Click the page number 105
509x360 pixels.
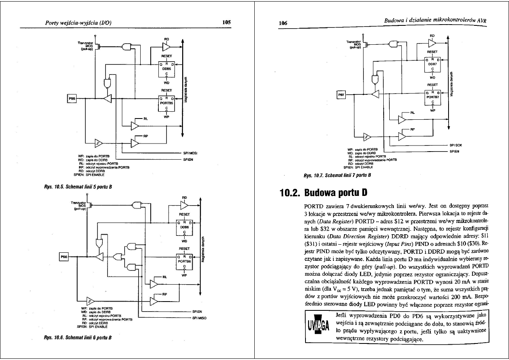click(226, 23)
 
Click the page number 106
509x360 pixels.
click(283, 23)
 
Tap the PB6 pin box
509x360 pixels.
click(64, 257)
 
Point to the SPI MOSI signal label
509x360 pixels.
click(190, 153)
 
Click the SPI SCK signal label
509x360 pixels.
click(456, 145)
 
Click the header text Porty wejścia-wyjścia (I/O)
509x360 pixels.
click(78, 23)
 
